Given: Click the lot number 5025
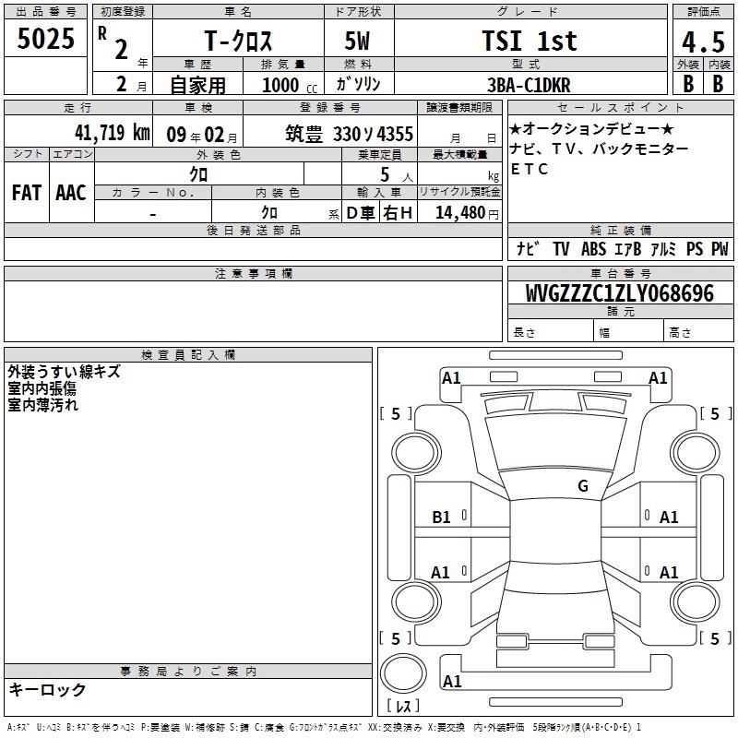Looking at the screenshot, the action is pos(45,39).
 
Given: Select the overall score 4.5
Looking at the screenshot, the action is pos(703,42).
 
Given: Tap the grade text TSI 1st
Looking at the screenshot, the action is pos(530,41).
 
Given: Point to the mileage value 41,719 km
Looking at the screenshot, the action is pos(112,133).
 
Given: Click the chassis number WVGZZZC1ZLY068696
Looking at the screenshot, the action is pos(619,293).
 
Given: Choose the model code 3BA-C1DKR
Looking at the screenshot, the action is pos(529,85).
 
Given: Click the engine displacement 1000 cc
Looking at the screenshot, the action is pos(290,85).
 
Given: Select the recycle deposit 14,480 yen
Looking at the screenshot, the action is pos(467,213).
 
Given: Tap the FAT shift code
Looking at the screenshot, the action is pos(27,193).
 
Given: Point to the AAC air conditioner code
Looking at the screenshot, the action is pos(71,193).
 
